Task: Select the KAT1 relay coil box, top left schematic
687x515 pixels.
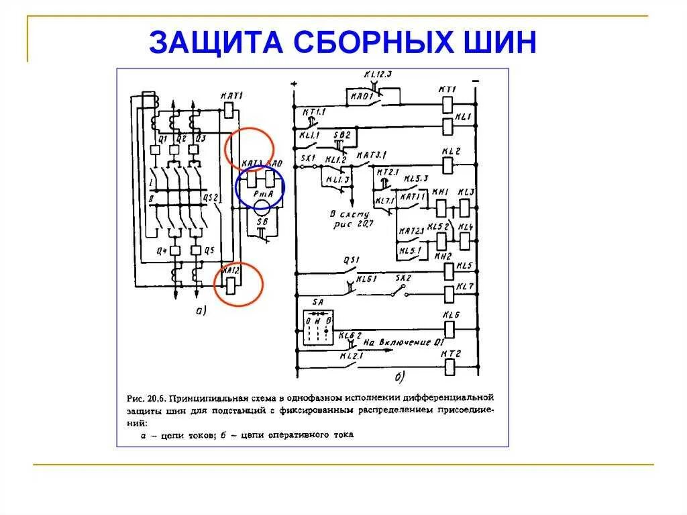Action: click(227, 109)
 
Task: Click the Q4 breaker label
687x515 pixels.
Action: click(161, 250)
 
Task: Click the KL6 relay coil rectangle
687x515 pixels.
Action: click(449, 330)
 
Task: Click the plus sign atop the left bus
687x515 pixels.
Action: click(293, 85)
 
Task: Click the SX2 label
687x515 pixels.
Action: click(402, 277)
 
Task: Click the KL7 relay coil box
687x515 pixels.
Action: click(449, 294)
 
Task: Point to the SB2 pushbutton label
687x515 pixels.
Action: click(342, 135)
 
